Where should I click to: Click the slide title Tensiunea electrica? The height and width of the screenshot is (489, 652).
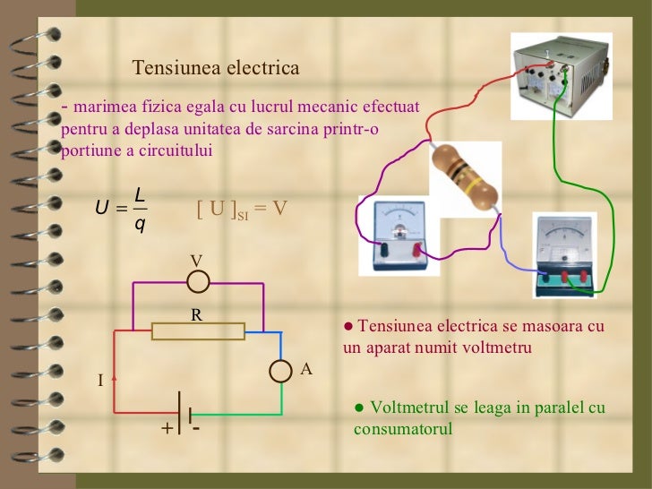click(x=215, y=68)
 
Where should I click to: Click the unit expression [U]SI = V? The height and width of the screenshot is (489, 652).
click(x=242, y=209)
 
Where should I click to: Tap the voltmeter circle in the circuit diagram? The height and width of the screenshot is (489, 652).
click(x=198, y=282)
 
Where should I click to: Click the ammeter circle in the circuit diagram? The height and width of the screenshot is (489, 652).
click(x=282, y=371)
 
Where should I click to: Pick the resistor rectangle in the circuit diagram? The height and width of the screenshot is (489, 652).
click(x=198, y=331)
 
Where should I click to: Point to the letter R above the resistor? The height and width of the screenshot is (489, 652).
click(x=196, y=314)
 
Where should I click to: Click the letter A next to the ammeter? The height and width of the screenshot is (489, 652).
click(x=305, y=369)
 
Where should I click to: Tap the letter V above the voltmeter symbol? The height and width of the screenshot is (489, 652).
click(x=196, y=260)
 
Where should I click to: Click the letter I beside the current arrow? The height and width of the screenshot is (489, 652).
click(x=101, y=382)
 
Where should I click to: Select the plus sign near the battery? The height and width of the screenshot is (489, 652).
click(x=166, y=429)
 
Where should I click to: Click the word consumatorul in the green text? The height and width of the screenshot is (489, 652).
click(x=403, y=429)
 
